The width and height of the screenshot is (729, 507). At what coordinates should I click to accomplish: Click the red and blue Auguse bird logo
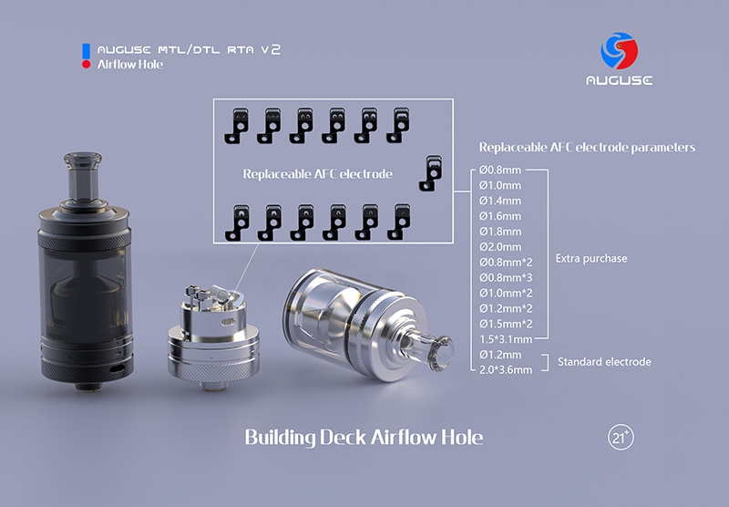pos(619,50)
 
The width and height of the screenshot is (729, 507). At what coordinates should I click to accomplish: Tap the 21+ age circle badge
pos(621,437)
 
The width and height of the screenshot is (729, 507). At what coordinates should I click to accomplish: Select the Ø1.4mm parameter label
pos(499,201)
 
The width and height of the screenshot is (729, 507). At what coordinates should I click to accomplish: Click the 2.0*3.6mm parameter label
pos(506,370)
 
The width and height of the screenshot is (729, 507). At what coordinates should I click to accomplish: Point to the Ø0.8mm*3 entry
pos(506,278)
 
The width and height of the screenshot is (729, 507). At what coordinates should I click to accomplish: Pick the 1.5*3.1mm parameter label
pos(506,339)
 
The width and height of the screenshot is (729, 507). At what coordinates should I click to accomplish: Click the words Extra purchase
pos(590,259)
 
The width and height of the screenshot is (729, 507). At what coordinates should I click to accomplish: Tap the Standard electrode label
pos(604,362)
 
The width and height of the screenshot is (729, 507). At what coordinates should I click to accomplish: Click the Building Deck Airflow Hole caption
pos(364,438)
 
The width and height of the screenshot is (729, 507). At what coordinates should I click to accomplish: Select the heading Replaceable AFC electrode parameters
pos(587,148)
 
